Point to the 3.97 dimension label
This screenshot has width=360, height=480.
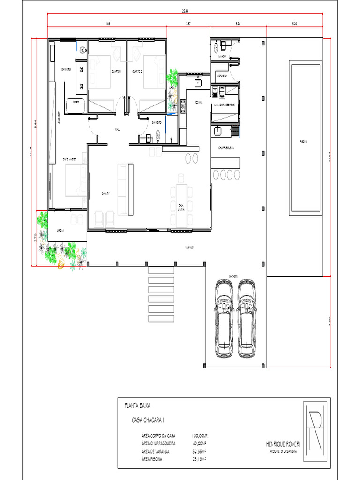(188, 22)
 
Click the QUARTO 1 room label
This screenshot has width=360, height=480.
(116, 71)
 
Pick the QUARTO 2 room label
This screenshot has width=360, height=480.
(137, 71)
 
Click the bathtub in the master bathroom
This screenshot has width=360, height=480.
(76, 106)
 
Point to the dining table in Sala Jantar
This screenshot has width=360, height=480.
(181, 199)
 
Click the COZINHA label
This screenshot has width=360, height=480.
(198, 102)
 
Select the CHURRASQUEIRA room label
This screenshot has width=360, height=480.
(226, 147)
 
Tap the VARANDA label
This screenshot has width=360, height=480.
(189, 247)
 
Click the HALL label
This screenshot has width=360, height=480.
(117, 130)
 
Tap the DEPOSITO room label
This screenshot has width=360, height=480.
(222, 75)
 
